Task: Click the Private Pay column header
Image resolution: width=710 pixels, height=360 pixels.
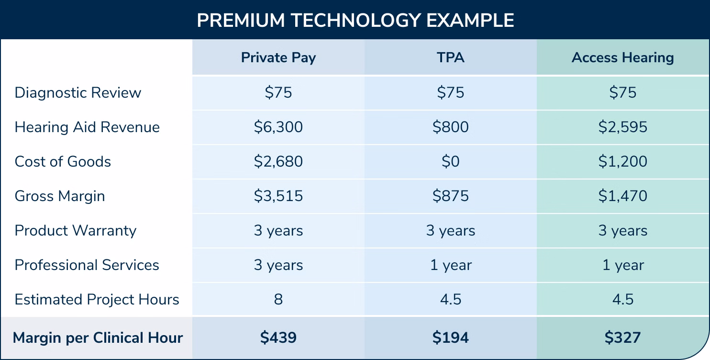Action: (x=278, y=58)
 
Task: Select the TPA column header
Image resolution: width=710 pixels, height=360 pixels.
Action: (x=450, y=58)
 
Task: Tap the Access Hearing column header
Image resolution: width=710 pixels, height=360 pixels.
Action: (x=622, y=58)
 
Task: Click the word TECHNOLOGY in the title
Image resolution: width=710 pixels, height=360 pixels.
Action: (x=355, y=20)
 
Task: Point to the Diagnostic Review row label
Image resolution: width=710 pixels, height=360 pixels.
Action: (x=78, y=92)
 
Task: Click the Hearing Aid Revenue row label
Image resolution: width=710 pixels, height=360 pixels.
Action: (x=87, y=127)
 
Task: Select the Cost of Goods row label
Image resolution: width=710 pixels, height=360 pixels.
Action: (x=63, y=161)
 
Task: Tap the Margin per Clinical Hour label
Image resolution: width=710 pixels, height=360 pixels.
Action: (x=98, y=337)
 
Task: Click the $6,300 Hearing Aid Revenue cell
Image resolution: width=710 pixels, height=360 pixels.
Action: (x=278, y=127)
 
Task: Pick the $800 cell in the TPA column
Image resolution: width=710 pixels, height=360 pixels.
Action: (x=450, y=127)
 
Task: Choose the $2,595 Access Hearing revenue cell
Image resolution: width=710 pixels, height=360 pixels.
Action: (x=622, y=127)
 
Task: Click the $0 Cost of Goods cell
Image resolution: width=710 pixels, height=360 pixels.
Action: (x=450, y=161)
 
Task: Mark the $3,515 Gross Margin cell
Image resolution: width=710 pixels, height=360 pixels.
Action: (x=278, y=196)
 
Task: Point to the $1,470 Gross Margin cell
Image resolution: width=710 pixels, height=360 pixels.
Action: (x=622, y=196)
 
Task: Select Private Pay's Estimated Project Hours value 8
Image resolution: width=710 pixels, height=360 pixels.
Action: (x=278, y=299)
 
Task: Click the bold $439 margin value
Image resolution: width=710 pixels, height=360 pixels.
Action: (x=278, y=337)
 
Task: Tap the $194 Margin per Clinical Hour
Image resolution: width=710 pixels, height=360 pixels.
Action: (x=450, y=337)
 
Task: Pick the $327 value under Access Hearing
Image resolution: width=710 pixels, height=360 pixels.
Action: (x=622, y=337)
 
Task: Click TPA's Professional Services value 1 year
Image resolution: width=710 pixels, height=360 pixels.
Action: (x=450, y=265)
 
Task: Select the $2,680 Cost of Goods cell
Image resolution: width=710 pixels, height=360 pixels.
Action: (x=278, y=161)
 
